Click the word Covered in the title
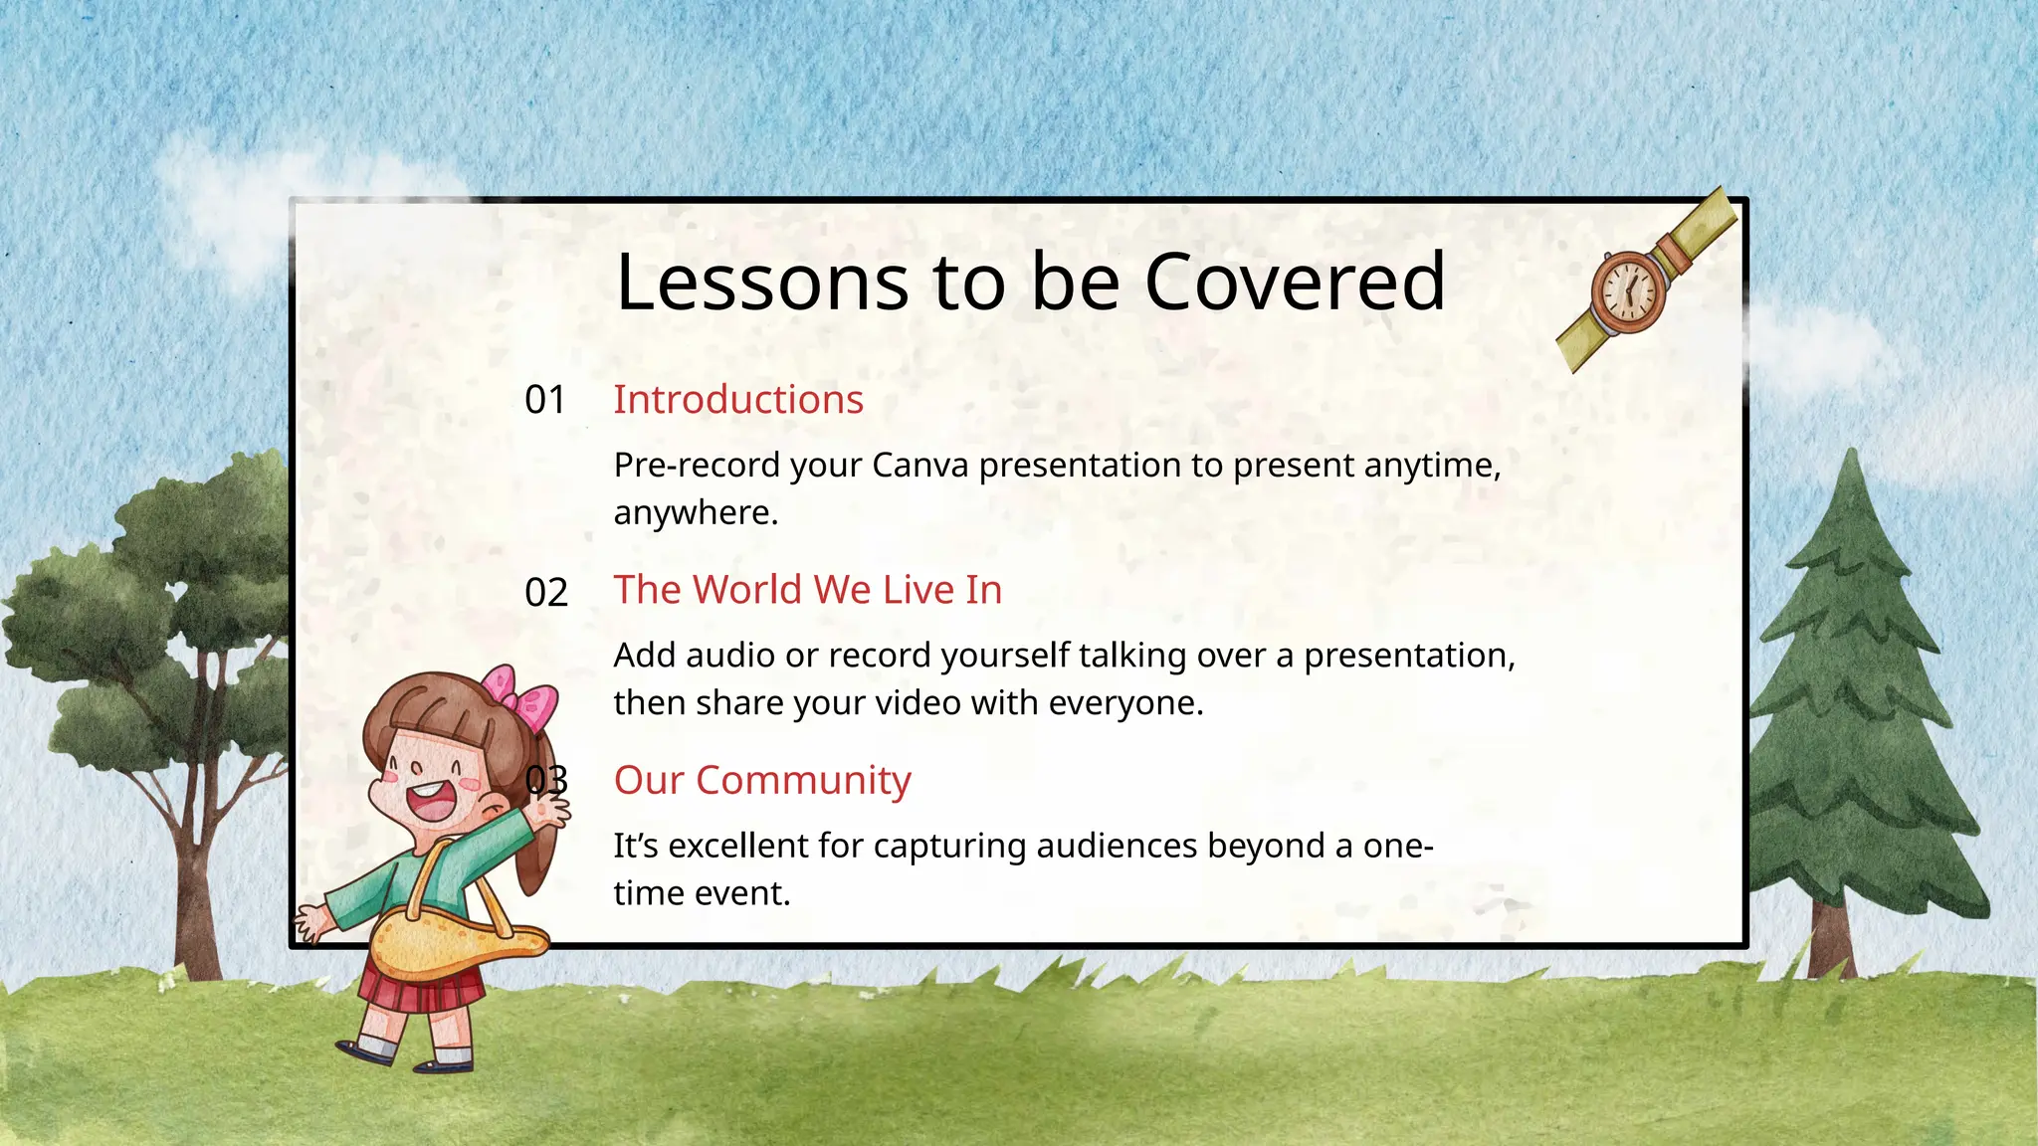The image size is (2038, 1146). tap(1295, 282)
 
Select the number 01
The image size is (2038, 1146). tap(545, 400)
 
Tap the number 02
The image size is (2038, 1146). tap(546, 593)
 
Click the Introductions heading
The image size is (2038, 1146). tap(738, 400)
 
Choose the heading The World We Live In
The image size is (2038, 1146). tap(807, 590)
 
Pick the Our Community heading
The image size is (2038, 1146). tap(762, 781)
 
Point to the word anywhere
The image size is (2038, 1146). tap(695, 513)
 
